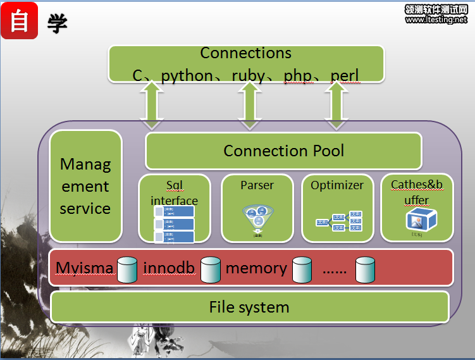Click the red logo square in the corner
(x=20, y=20)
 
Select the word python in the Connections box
(x=187, y=76)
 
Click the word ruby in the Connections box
(x=249, y=76)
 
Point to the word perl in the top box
(x=345, y=76)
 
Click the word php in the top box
(x=297, y=76)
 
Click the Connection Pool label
(x=284, y=151)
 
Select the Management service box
(x=85, y=186)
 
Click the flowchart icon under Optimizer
(x=339, y=221)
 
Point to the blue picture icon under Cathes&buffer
(x=417, y=220)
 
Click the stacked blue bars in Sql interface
(x=175, y=224)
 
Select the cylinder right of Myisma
(x=127, y=269)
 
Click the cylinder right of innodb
(x=210, y=269)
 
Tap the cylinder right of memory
(x=302, y=269)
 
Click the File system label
(x=249, y=307)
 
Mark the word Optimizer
(x=337, y=185)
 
